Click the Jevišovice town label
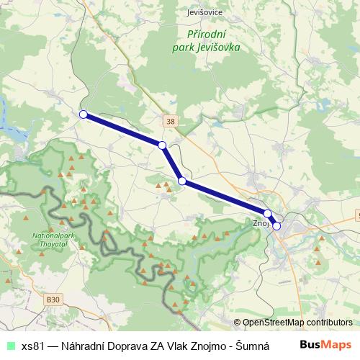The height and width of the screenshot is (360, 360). tap(204, 12)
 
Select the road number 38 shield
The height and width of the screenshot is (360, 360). tap(170, 122)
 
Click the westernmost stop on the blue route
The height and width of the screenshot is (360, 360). tap(84, 114)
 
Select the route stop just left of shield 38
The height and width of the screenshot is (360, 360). tap(162, 145)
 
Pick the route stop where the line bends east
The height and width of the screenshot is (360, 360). tap(182, 181)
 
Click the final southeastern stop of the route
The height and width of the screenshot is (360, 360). tap(276, 226)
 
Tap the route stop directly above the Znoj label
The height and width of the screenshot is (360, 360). tap(267, 214)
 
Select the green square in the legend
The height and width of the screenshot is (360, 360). tap(9, 346)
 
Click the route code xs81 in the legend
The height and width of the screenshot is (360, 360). tap(32, 346)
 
